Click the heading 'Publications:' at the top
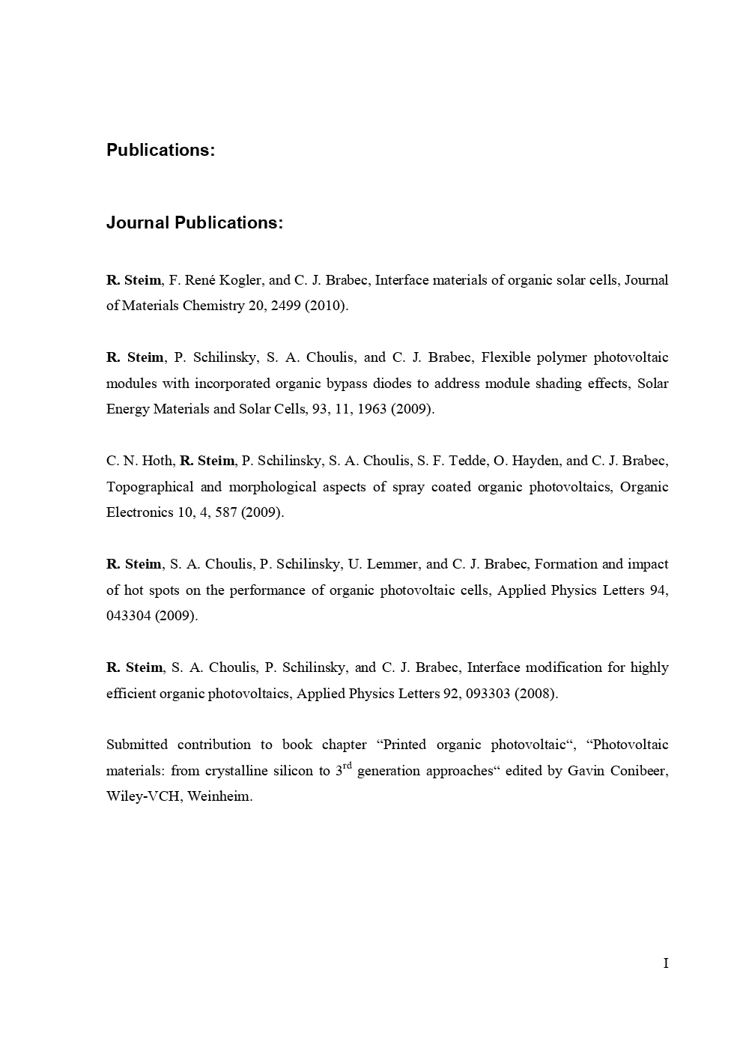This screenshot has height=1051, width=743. tap(160, 150)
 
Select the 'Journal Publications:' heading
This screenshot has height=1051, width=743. tap(195, 223)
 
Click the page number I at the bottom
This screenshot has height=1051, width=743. tap(665, 963)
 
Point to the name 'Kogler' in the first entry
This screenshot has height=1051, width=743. tap(241, 280)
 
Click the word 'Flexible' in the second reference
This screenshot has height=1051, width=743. tap(506, 357)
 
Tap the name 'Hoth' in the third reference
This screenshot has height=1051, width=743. tap(157, 461)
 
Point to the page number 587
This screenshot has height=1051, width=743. tap(225, 512)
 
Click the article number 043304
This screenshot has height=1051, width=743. tap(129, 616)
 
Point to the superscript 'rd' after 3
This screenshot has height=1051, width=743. tap(348, 766)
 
